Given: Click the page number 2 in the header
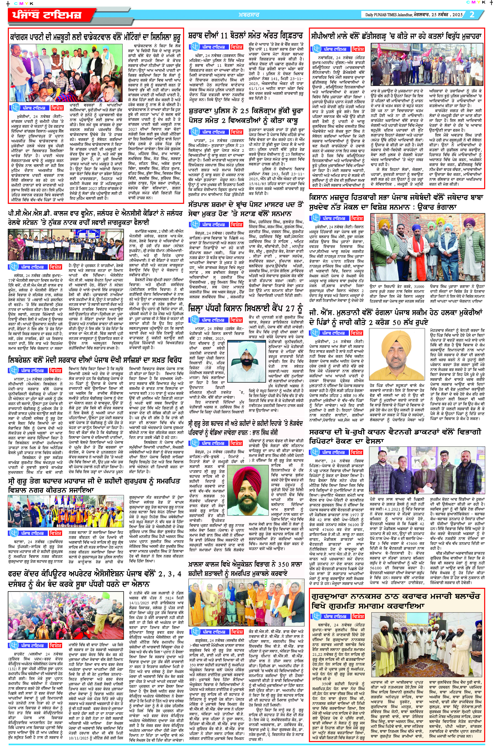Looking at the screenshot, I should (472, 15).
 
